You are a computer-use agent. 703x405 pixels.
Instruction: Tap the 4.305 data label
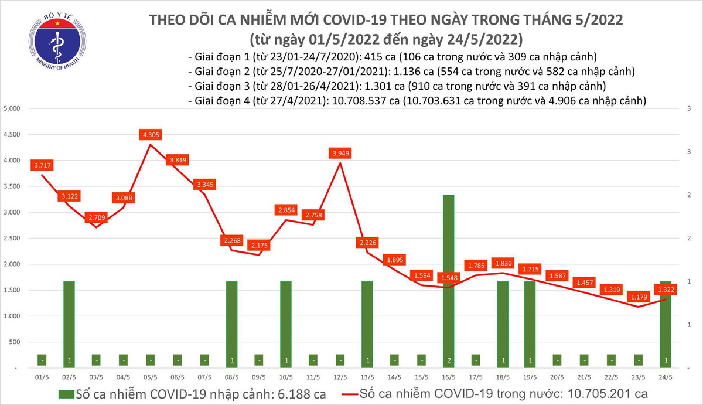point(151,135)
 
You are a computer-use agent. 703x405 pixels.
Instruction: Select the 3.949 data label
point(340,154)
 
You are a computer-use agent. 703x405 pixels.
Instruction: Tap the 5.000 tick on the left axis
point(12,109)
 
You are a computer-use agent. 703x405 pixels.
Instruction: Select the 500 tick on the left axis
point(15,342)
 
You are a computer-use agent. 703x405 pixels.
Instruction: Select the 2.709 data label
point(96,218)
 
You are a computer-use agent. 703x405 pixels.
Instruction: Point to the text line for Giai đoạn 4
point(417,101)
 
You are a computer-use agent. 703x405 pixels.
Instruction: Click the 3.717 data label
point(42,166)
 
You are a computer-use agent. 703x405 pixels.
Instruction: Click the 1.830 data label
point(503,263)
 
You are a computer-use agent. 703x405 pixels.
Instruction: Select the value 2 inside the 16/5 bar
point(449,359)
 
